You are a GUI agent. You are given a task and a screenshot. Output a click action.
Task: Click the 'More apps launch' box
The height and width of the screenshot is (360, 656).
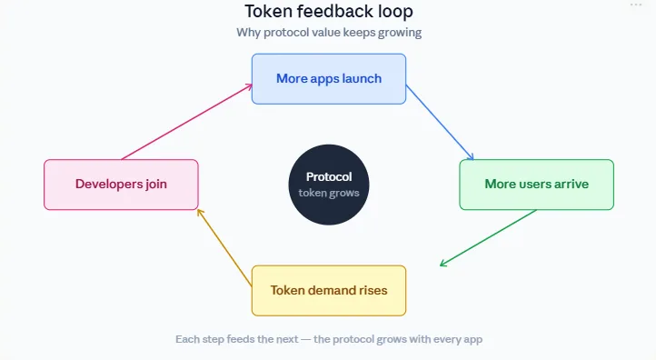(328, 78)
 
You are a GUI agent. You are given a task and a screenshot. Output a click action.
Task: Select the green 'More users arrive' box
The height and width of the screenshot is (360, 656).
(536, 185)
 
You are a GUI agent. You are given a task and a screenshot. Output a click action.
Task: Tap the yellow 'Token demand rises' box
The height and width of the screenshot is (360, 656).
(328, 291)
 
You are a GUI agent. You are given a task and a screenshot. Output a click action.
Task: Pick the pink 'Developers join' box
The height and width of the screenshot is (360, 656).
(121, 185)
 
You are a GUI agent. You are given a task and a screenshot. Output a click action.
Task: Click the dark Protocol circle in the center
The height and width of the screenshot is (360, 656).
(328, 185)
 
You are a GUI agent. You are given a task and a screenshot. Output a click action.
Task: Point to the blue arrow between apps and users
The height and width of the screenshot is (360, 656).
(440, 122)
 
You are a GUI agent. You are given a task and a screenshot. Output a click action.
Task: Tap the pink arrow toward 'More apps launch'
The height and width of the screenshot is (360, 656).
(186, 123)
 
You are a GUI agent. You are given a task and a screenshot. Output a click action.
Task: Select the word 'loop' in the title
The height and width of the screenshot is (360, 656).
(393, 12)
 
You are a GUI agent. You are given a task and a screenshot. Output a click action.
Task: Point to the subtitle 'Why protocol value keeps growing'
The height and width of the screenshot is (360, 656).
(328, 33)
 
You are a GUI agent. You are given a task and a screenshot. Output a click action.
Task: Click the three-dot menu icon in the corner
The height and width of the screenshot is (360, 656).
(636, 5)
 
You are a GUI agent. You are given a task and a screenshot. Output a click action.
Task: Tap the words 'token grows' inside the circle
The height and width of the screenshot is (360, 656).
(328, 193)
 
